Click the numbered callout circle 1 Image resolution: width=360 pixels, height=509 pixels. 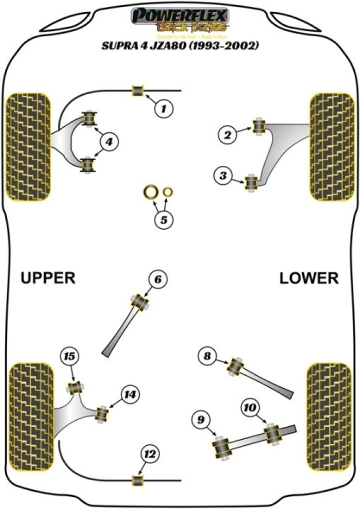pos(163,108)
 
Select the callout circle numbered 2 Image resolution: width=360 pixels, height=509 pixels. pos(227,134)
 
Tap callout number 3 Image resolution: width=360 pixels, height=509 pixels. pos(222,175)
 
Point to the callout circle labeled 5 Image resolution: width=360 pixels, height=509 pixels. pos(163,219)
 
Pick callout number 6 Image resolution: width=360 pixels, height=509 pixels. pos(157,280)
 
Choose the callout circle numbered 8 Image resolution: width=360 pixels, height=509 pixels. pos(206,356)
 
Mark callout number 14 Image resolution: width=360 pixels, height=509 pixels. pos(130,395)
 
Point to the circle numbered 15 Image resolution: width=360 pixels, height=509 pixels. pos(69,356)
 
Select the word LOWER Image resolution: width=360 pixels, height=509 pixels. pos(308,278)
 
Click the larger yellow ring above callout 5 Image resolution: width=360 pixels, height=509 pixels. pos(150,191)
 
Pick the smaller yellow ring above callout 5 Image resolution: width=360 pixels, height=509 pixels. pos(168,191)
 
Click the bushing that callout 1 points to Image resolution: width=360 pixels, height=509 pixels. pos(137,90)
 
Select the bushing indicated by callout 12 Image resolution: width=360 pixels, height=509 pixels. pos(137,480)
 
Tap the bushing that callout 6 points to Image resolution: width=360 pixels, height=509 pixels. pos(139,301)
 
